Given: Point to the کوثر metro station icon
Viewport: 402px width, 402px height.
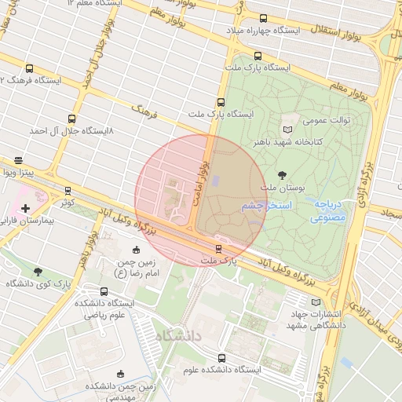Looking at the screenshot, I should [x=68, y=190].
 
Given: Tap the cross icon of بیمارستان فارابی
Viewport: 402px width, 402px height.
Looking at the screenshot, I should [x=26, y=208].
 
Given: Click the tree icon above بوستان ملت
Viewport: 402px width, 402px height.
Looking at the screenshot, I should [x=281, y=175].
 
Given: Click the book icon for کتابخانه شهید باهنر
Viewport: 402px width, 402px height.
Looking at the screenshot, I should [x=287, y=129].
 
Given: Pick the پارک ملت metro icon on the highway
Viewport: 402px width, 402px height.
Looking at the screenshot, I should [x=218, y=249].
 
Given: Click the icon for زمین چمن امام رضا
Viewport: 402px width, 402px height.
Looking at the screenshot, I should [x=137, y=250].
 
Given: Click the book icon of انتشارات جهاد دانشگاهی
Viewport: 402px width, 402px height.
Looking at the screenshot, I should [x=316, y=301].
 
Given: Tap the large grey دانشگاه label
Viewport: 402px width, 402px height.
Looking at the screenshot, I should [x=179, y=335].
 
